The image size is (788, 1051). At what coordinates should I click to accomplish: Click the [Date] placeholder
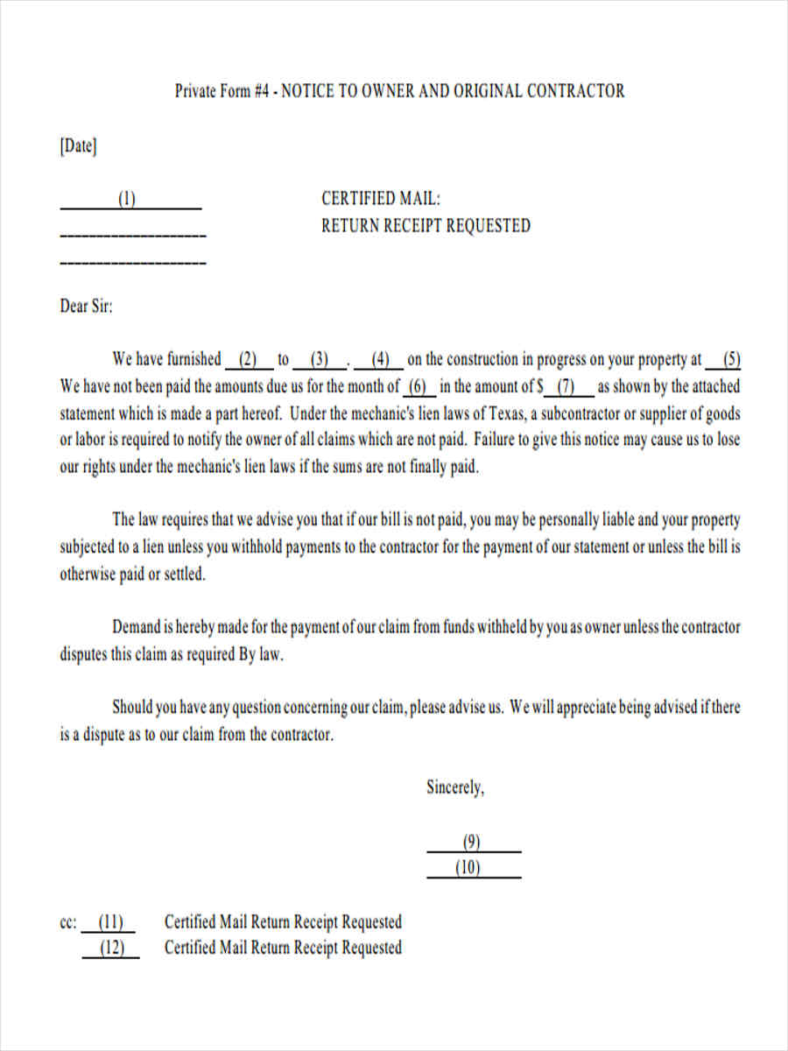coord(78,146)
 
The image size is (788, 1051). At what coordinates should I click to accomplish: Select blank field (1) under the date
coord(128,200)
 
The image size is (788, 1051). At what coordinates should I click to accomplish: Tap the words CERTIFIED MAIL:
coord(381,199)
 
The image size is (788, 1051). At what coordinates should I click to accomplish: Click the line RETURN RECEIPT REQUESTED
coord(426,226)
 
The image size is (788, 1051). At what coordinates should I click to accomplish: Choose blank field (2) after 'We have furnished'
coord(249,359)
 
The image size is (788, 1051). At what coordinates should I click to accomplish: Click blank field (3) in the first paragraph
coord(319,359)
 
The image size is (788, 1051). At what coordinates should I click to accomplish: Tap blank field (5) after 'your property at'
coord(732,359)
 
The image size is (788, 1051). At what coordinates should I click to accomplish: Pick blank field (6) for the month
coord(418,386)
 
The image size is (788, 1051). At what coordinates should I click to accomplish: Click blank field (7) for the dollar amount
coord(566,386)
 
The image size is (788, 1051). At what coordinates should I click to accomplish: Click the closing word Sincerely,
coord(455,787)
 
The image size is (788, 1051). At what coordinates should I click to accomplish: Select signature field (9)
coord(472,843)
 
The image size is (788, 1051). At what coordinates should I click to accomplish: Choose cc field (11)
coord(110,922)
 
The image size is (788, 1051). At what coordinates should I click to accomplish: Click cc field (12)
coord(111,949)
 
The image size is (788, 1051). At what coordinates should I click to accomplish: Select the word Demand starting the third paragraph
coord(137,627)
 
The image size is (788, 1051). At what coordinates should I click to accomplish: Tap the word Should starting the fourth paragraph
coord(133,708)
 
